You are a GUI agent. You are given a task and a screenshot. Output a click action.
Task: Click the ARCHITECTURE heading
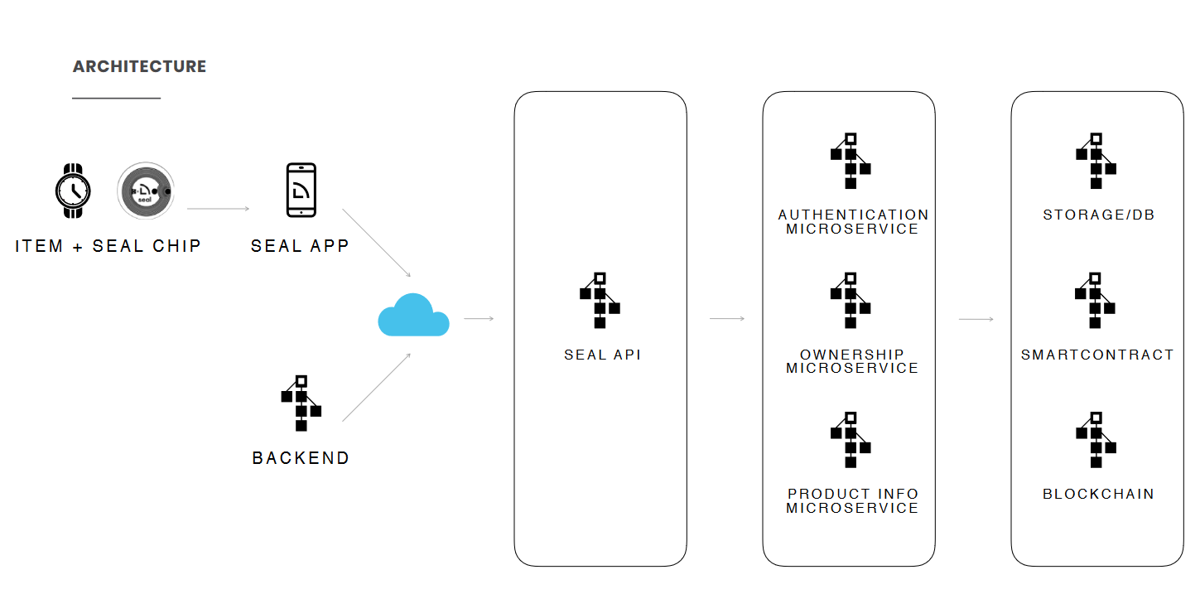[x=139, y=66]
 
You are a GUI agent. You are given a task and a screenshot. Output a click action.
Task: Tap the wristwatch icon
[x=73, y=191]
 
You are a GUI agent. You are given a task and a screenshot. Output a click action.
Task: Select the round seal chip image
[x=146, y=191]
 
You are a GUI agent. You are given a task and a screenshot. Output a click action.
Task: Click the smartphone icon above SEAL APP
[x=301, y=190]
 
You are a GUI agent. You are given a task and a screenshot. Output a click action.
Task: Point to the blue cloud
[x=413, y=316]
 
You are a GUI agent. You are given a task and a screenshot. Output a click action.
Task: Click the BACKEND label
[x=301, y=458]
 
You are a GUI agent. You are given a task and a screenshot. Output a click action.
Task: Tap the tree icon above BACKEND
[x=301, y=403]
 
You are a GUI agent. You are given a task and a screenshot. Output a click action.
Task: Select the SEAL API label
[x=602, y=355]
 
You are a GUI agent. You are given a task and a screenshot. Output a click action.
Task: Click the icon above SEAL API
[x=600, y=300]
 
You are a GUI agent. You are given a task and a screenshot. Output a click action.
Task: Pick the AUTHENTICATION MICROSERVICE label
[x=853, y=222]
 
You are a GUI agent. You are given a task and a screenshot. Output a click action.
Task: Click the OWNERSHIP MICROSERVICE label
[x=852, y=361]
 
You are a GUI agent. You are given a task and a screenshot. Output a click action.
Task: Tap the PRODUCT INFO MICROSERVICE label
[x=852, y=500]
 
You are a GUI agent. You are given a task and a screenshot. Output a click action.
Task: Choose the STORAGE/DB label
[x=1098, y=215]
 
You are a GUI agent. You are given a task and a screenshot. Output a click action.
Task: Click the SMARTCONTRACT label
[x=1097, y=355]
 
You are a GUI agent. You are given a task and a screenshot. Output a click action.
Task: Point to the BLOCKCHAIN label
[x=1098, y=494]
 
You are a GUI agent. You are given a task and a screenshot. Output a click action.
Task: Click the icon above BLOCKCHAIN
[x=1096, y=440]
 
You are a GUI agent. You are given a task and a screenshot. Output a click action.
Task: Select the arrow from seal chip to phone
[x=218, y=209]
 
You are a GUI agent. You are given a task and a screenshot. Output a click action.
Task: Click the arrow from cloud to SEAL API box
[x=479, y=318]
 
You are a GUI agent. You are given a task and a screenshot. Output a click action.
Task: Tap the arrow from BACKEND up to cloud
[x=377, y=387]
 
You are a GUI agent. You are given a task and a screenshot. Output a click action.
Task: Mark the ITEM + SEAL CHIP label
[x=108, y=246]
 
